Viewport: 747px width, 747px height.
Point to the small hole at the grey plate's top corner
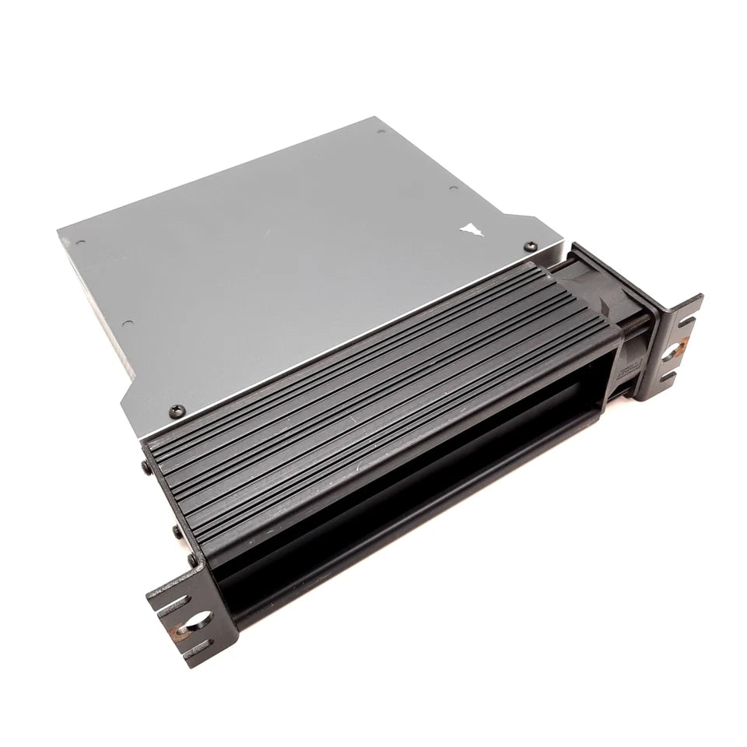[x=381, y=133]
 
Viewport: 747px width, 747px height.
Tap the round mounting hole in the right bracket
[x=670, y=354]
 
